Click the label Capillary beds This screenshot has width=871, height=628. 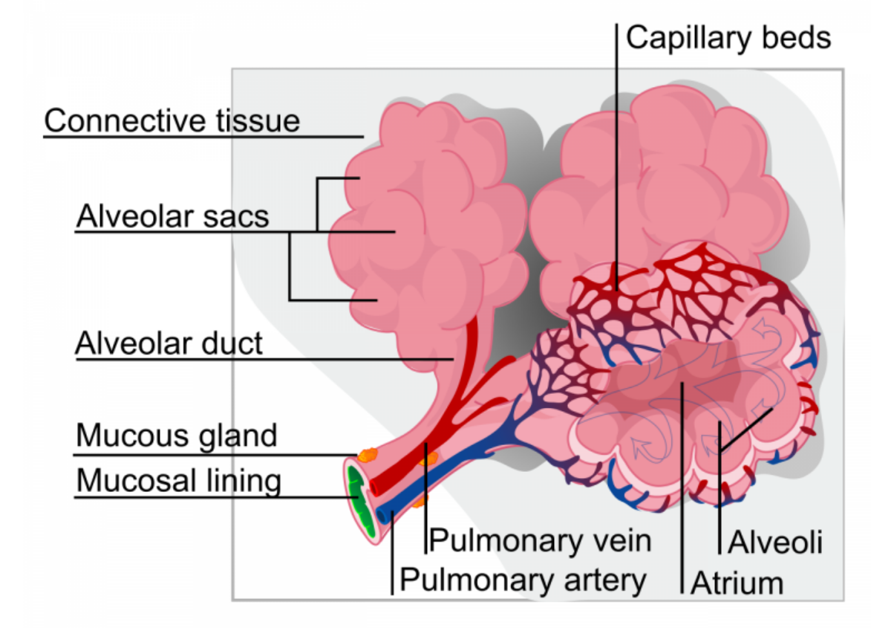click(x=728, y=37)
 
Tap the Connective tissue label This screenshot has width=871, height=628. click(x=172, y=120)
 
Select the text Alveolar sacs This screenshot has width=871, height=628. click(x=172, y=217)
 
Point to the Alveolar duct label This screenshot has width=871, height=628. click(x=169, y=344)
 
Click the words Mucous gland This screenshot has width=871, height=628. click(x=177, y=436)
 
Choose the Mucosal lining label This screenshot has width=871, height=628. click(x=179, y=481)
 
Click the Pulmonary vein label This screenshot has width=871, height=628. click(x=541, y=541)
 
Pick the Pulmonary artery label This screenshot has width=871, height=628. click(x=523, y=579)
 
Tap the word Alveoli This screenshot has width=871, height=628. click(x=774, y=543)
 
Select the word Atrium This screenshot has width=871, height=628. click(x=737, y=583)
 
